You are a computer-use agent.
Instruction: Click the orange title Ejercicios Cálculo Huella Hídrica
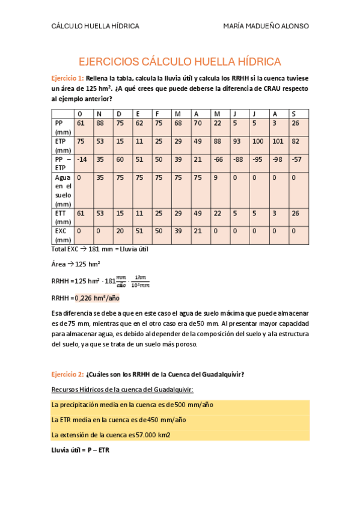[x=180, y=62]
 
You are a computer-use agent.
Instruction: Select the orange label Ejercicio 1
[x=67, y=78]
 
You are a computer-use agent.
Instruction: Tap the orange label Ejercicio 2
[x=67, y=374]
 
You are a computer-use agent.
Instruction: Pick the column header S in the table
[x=293, y=114]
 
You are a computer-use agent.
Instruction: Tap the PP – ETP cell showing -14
[x=82, y=160]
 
